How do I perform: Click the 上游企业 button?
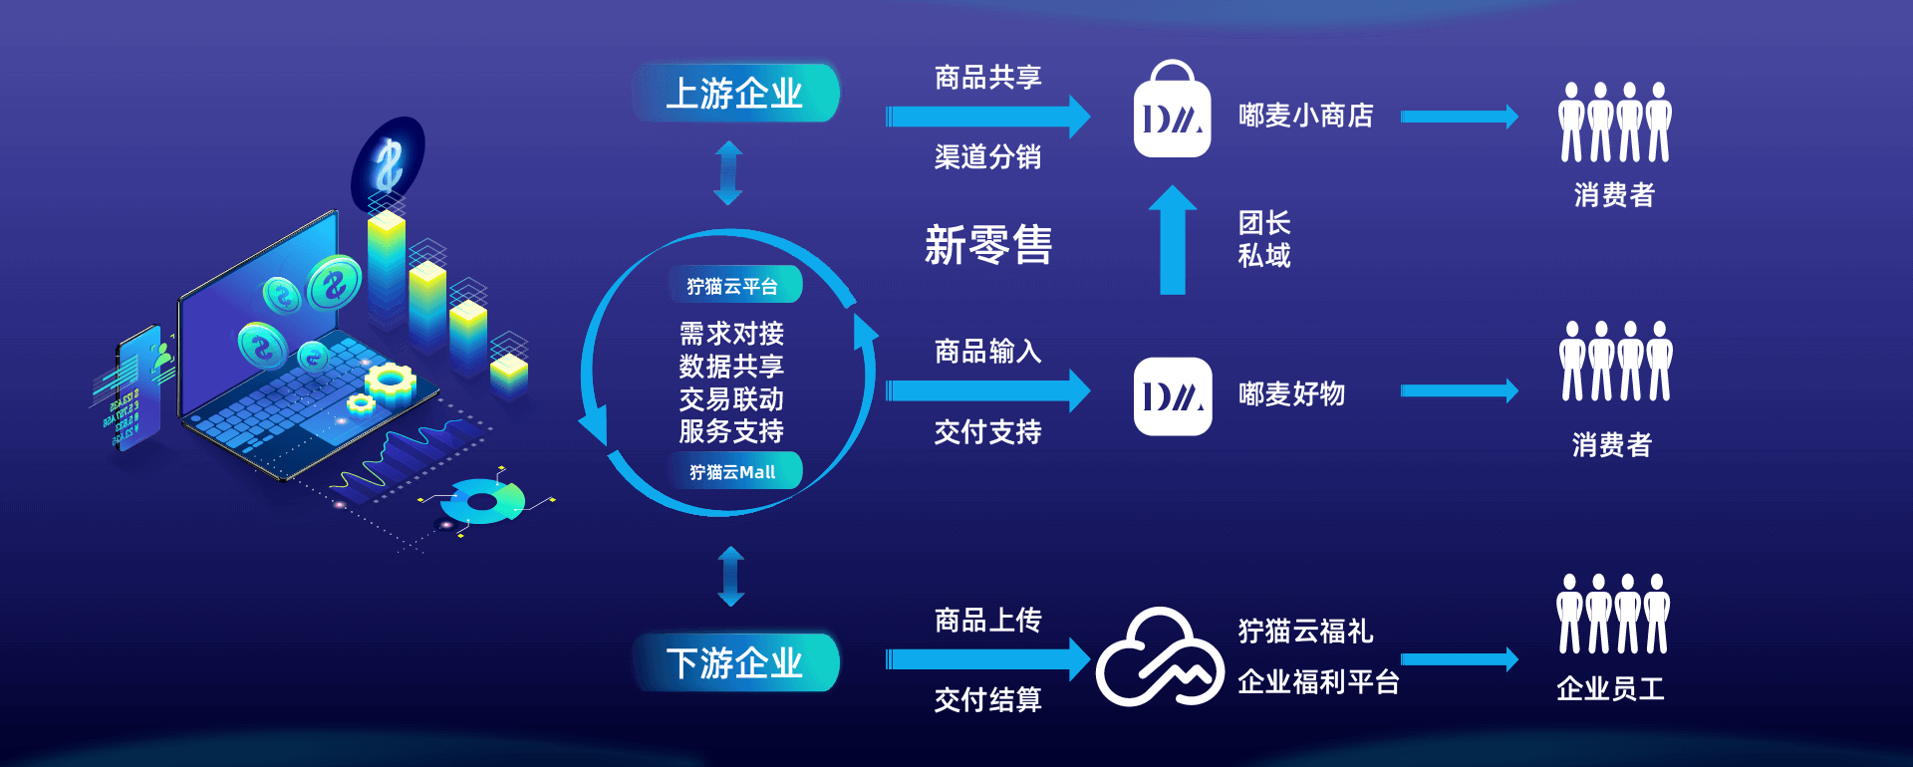[734, 94]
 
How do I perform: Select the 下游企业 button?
[734, 662]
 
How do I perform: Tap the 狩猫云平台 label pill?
[732, 286]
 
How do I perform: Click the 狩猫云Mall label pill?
[732, 472]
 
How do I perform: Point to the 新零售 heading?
[987, 245]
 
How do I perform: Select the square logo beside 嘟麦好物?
[1172, 396]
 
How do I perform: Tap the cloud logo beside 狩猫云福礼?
[1159, 657]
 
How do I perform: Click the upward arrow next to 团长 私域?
[1173, 240]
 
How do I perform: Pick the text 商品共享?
[987, 78]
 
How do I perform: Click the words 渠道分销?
[987, 157]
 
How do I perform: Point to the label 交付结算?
[987, 700]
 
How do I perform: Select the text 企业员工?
[1610, 688]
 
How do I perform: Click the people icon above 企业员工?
[1613, 614]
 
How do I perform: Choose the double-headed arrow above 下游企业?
[731, 576]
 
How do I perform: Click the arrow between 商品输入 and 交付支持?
[986, 390]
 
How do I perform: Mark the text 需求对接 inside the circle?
[731, 334]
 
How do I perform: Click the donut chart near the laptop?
[483, 501]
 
